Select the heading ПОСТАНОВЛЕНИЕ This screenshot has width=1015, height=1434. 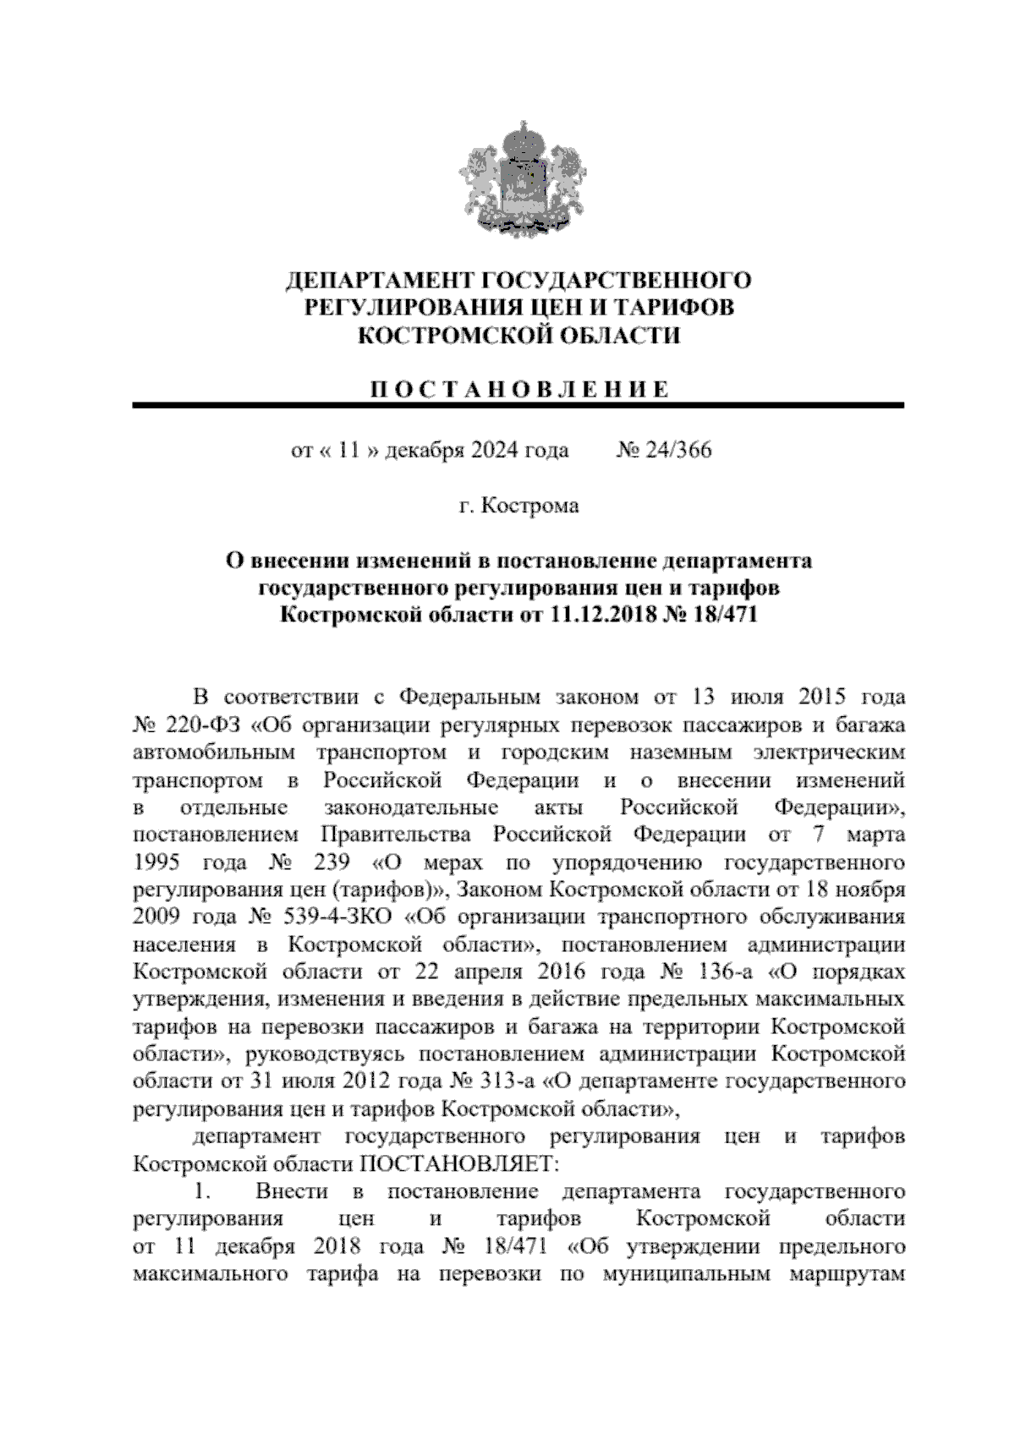pos(518,390)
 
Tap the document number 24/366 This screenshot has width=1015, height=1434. pos(678,450)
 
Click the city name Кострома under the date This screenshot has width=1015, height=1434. pos(530,506)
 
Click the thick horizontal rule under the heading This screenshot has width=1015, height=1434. pos(518,407)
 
